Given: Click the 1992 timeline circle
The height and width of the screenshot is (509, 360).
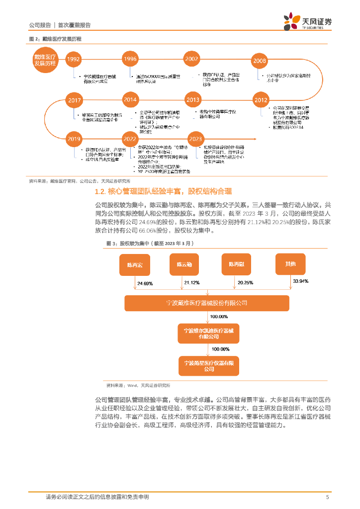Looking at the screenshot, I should point(74,59).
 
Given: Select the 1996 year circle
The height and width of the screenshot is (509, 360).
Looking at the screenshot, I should point(130,59).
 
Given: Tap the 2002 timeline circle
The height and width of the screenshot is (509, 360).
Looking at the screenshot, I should point(191,59).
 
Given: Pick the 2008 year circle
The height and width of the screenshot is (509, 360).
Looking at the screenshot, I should point(260,61).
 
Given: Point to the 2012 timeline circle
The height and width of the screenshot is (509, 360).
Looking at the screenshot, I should point(261,100).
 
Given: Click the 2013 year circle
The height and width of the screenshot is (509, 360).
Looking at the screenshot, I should point(192,100).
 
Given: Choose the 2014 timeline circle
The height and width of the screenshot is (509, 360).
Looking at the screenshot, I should point(130,100).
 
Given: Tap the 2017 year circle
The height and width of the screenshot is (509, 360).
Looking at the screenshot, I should point(74,100).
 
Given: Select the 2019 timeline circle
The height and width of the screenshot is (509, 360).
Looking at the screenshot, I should point(74,139).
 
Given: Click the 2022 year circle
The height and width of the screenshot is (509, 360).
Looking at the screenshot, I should point(130,139).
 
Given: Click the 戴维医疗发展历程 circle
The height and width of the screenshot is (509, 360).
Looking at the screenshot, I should point(45,60).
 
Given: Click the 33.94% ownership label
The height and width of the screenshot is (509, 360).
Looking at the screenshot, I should point(301,281).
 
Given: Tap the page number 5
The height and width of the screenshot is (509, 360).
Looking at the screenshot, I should point(327,497).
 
